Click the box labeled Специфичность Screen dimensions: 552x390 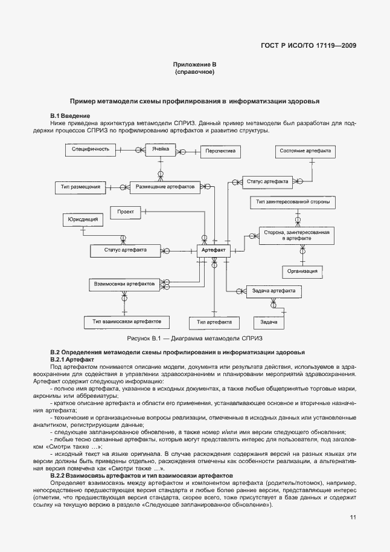[90, 149]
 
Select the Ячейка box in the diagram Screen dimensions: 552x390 [161, 149]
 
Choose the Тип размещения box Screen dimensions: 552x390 [80, 187]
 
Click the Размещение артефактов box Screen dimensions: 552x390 [164, 187]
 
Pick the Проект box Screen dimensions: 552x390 [125, 212]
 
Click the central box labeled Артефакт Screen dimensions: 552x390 [213, 250]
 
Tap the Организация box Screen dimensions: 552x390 [302, 271]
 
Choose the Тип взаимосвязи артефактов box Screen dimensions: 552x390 [126, 321]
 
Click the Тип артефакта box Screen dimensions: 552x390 [214, 322]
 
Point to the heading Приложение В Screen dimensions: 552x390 [194, 64]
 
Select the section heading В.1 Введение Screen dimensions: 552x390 [70, 115]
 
